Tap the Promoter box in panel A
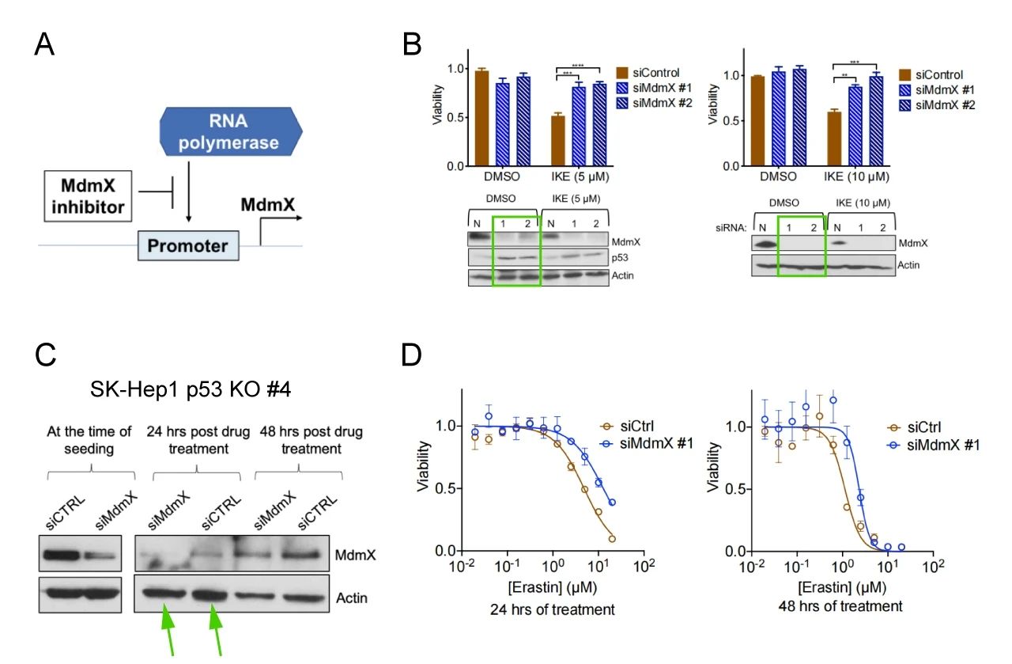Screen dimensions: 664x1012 (187, 245)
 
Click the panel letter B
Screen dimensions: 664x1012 (413, 44)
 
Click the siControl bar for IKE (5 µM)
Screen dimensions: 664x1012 (557, 141)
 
